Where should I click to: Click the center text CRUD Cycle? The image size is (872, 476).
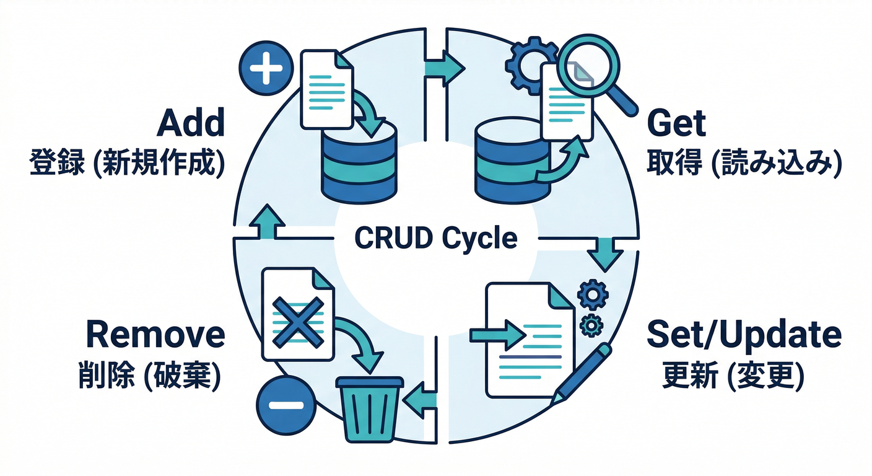(436, 239)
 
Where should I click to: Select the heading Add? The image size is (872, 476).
(190, 123)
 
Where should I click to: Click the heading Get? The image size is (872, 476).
(676, 123)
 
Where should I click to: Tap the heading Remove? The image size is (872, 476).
(155, 335)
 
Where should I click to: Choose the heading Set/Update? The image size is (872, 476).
(744, 335)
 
